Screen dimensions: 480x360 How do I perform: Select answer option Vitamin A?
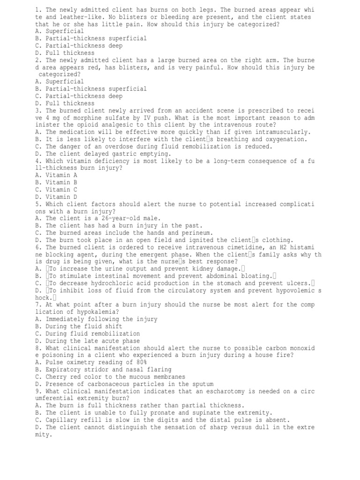coord(56,175)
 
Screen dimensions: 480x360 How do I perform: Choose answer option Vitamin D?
coord(56,197)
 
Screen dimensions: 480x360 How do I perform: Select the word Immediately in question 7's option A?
coord(67,319)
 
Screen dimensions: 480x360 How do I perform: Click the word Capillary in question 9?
coord(62,420)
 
